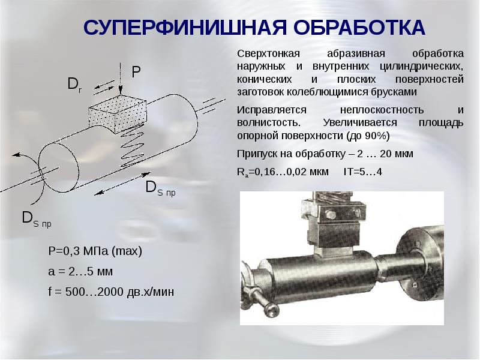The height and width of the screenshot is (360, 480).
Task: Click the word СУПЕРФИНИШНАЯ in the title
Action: point(185,28)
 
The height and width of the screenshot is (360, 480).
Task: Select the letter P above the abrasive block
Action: point(136,72)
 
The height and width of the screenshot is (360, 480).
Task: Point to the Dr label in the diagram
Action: point(74,84)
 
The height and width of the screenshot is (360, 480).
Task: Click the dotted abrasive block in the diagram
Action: point(118,113)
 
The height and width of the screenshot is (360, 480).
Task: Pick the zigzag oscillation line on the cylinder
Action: point(132,146)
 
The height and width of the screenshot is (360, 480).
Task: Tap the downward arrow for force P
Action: point(121,79)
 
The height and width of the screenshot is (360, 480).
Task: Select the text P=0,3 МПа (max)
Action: point(95,251)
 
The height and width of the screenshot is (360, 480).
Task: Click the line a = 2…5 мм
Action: point(80,272)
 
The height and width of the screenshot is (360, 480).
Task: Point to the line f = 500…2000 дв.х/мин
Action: point(111,292)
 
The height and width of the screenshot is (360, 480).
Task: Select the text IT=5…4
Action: point(363,172)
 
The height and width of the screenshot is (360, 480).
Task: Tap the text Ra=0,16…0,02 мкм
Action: point(283,172)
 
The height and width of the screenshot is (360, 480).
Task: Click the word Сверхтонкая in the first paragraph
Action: point(268,54)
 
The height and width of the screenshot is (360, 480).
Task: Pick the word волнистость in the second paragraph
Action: point(268,123)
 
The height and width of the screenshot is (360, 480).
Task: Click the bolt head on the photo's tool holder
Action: point(331,215)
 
